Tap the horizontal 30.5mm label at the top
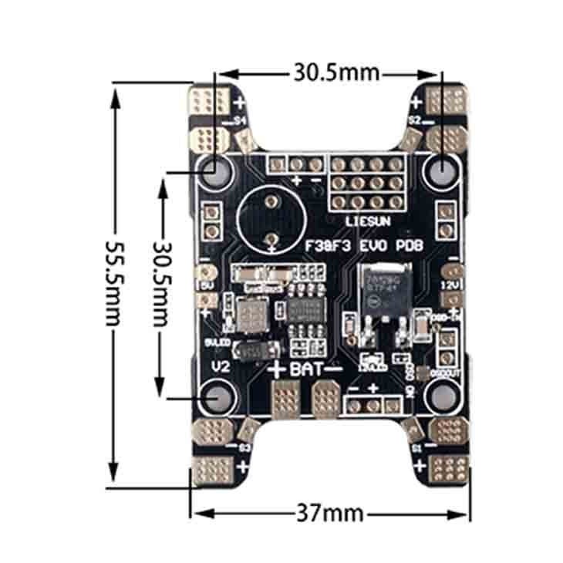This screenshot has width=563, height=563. (335, 72)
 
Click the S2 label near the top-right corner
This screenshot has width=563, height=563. (414, 120)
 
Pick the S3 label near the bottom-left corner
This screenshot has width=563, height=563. (244, 447)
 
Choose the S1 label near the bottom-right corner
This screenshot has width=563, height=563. (416, 447)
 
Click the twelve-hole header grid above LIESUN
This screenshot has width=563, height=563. (366, 184)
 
